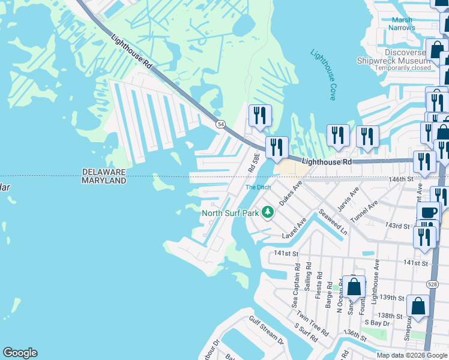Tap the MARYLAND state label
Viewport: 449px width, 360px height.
pos(104,181)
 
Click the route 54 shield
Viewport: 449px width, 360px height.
pos(221,124)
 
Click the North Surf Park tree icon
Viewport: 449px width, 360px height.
pos(268,212)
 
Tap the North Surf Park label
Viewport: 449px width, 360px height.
pos(231,213)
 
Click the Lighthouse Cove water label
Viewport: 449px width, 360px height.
pos(323,74)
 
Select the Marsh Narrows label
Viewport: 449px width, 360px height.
pos(402,23)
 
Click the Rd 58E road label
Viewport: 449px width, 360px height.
pos(254,163)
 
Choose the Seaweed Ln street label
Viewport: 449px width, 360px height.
pos(333,222)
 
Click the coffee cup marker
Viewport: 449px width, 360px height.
pos(429,212)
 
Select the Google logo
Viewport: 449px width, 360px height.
pos(20,353)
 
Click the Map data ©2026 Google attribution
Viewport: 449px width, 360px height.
pos(411,355)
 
